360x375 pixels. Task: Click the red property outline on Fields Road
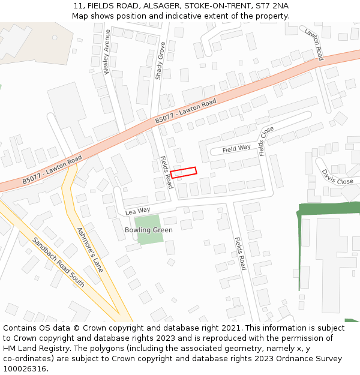[184, 172]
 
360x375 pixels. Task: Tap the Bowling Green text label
[148, 230]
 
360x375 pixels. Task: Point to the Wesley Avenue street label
[107, 52]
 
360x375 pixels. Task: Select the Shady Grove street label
[160, 61]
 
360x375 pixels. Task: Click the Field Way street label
[236, 148]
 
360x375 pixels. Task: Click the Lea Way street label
[137, 211]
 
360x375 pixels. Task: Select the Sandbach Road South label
[58, 262]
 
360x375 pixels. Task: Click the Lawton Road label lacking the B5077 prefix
[313, 44]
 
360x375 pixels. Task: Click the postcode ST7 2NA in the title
[272, 5]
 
